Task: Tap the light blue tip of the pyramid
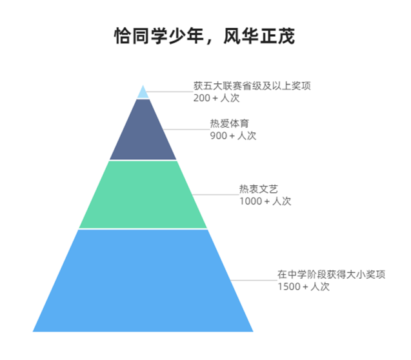(x=143, y=93)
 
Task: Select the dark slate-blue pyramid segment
(x=143, y=132)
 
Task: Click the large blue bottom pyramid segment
(x=143, y=281)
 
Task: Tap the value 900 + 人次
(x=233, y=135)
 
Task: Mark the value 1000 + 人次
(x=265, y=201)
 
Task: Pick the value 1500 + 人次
(x=303, y=286)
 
